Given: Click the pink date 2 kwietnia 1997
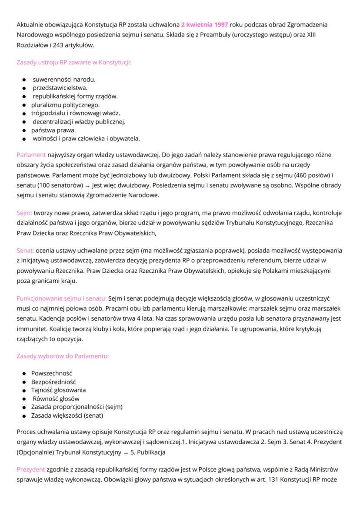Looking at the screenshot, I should [x=204, y=24].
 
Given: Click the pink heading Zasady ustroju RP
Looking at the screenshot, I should [x=74, y=62].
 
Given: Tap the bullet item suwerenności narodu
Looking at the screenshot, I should [x=64, y=80].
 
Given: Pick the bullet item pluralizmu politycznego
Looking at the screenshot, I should [x=65, y=105].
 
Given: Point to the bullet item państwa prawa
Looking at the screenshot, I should [x=53, y=130].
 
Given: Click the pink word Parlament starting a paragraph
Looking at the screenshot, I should [x=31, y=154].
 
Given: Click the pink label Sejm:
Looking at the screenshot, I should [x=24, y=213].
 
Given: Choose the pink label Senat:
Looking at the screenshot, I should [x=25, y=250].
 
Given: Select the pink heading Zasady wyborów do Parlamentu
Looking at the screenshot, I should [x=63, y=356].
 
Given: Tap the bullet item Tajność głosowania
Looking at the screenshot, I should [x=58, y=390].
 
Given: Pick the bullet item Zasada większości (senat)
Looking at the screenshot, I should [x=67, y=415].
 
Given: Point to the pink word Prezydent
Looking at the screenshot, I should [x=31, y=469].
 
